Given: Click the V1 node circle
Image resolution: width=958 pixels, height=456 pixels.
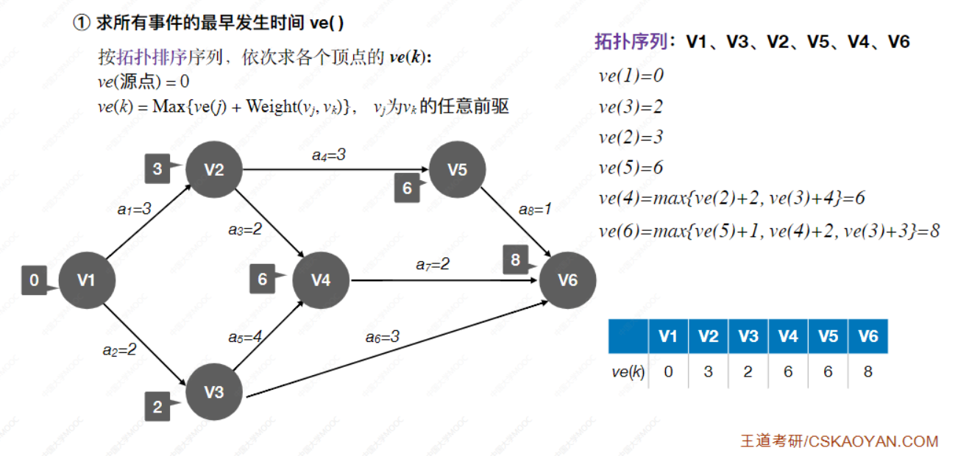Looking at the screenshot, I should coord(86,280).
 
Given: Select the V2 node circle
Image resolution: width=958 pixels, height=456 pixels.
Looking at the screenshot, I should coord(214,170).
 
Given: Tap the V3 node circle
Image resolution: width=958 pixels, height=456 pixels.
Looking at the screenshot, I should coord(214,392).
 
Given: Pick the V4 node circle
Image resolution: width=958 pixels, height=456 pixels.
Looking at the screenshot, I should coord(321,280).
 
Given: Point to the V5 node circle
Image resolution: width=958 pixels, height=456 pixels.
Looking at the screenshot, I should coord(458,170).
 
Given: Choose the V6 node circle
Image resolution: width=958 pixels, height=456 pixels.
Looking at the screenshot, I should coord(567,280).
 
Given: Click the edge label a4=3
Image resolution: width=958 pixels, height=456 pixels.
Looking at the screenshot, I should coord(329,154).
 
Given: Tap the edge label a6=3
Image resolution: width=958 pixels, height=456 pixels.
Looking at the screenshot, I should coord(383,337).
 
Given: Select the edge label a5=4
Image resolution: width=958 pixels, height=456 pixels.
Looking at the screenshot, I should coord(245,337).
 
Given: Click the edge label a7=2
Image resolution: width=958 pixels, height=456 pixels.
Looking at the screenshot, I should coord(433,263).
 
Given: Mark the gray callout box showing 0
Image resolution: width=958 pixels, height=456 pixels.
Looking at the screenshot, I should coord(35,280).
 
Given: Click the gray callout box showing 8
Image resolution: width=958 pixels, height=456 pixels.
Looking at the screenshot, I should coord(516,260).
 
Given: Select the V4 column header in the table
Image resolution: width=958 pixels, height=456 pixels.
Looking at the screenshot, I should coord(788,336).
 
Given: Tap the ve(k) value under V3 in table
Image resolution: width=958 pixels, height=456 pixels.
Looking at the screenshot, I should coord(748,371).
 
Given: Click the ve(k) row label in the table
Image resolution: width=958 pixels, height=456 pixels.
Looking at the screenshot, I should coord(628,371).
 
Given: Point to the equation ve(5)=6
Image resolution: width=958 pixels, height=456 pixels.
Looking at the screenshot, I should coord(631,168).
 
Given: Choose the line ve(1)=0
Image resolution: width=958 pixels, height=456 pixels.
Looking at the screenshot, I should coord(631,76).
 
